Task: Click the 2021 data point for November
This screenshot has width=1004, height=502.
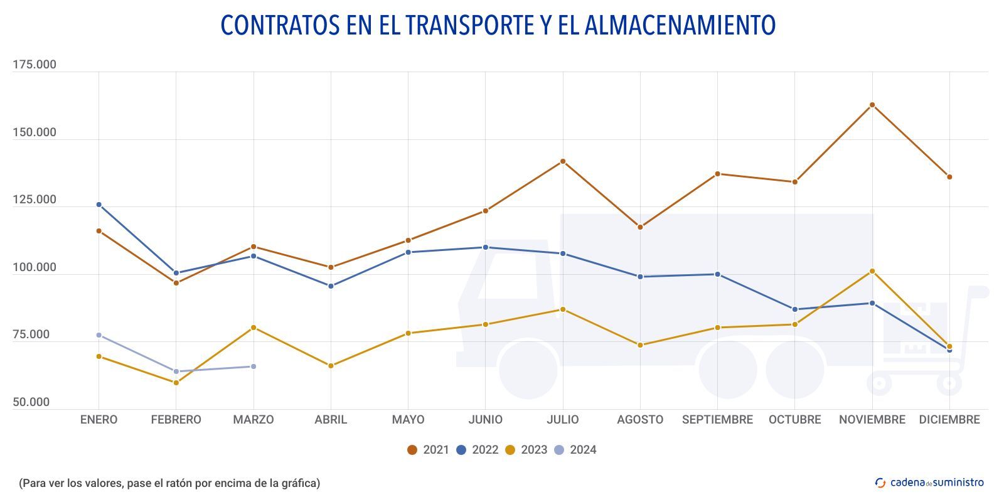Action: click(x=872, y=105)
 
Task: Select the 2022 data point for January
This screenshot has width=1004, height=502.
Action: click(x=99, y=205)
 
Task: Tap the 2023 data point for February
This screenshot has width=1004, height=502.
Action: click(x=176, y=383)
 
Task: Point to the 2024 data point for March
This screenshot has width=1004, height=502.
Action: click(x=254, y=366)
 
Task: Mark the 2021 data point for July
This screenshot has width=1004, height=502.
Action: click(x=563, y=161)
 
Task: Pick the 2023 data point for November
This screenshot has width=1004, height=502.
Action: click(x=872, y=271)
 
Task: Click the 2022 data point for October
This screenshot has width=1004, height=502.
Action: click(x=795, y=309)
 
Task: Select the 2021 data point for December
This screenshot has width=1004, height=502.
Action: click(x=949, y=177)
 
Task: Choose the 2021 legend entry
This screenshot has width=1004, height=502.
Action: click(x=429, y=450)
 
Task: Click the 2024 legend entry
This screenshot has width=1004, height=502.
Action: click(x=575, y=450)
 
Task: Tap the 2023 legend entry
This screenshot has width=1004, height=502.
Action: click(x=526, y=450)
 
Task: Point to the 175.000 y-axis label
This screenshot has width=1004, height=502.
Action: click(x=35, y=65)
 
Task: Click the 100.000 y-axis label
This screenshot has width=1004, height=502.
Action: click(x=35, y=267)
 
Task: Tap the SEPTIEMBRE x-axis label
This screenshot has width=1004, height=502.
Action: click(x=717, y=420)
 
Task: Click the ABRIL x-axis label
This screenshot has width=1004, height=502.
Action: click(x=331, y=420)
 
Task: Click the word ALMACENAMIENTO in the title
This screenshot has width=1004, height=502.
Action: click(x=680, y=25)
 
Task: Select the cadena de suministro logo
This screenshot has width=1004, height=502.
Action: click(x=929, y=483)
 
